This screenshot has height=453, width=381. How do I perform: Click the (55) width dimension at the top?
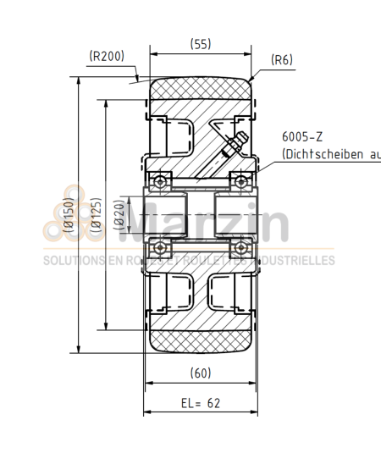pyautogui.click(x=201, y=44)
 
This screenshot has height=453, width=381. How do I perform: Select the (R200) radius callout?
pyautogui.click(x=107, y=57)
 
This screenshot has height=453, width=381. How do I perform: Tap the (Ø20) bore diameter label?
pyautogui.click(x=119, y=216)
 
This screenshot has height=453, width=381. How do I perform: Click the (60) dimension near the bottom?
pyautogui.click(x=201, y=373)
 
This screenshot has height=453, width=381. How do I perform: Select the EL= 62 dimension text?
pyautogui.click(x=201, y=403)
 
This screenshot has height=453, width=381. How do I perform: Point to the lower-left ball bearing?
pyautogui.click(x=159, y=247)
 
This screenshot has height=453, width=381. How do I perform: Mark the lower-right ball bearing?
pyautogui.click(x=241, y=247)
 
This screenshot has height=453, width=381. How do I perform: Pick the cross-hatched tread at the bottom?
pyautogui.click(x=201, y=342)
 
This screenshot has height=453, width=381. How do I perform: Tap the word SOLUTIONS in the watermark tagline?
pyautogui.click(x=71, y=261)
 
